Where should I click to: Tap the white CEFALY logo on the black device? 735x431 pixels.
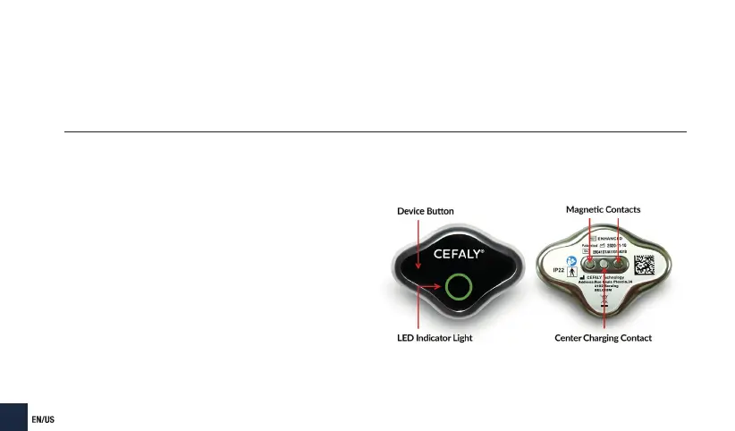coord(459,253)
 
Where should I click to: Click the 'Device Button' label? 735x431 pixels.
coord(425,211)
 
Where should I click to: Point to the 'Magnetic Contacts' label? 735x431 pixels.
coord(603,209)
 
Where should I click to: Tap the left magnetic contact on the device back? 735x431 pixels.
coord(590,265)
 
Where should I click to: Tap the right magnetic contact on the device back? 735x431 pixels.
coord(618,265)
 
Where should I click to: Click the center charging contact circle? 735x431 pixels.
coord(604,265)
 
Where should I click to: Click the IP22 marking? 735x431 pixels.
coord(559,267)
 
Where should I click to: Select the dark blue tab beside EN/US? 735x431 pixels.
coord(13,418)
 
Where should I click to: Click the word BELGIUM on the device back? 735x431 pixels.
coord(605,291)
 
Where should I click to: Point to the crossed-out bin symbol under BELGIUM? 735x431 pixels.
coord(605,301)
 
